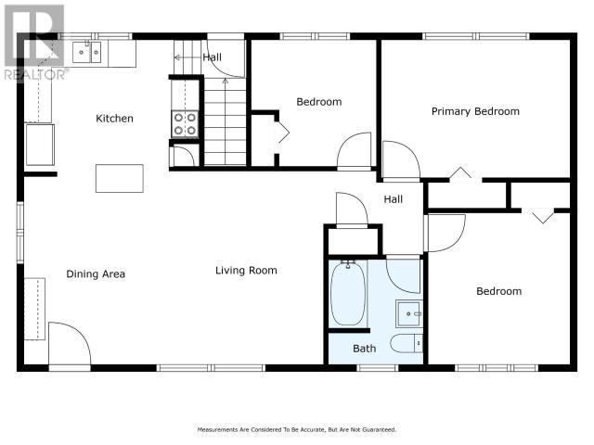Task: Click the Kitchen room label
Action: pyautogui.click(x=114, y=119)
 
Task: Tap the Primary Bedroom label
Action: pyautogui.click(x=475, y=111)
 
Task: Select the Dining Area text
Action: pyautogui.click(x=96, y=274)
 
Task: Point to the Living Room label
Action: pyautogui.click(x=246, y=271)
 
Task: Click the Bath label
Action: pyautogui.click(x=365, y=349)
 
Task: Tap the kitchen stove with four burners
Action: pyautogui.click(x=185, y=124)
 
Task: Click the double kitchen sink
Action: pyautogui.click(x=86, y=52)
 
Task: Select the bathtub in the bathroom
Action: pyautogui.click(x=348, y=294)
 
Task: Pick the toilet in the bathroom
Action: pyautogui.click(x=407, y=343)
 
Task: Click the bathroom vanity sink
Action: pyautogui.click(x=409, y=313)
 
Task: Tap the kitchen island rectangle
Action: pyautogui.click(x=120, y=178)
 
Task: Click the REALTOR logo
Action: pyautogui.click(x=34, y=43)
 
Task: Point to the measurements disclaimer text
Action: pyautogui.click(x=297, y=430)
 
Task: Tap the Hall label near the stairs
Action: pyautogui.click(x=213, y=57)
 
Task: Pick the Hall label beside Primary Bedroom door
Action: pyautogui.click(x=394, y=199)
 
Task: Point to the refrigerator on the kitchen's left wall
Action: pyautogui.click(x=40, y=145)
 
